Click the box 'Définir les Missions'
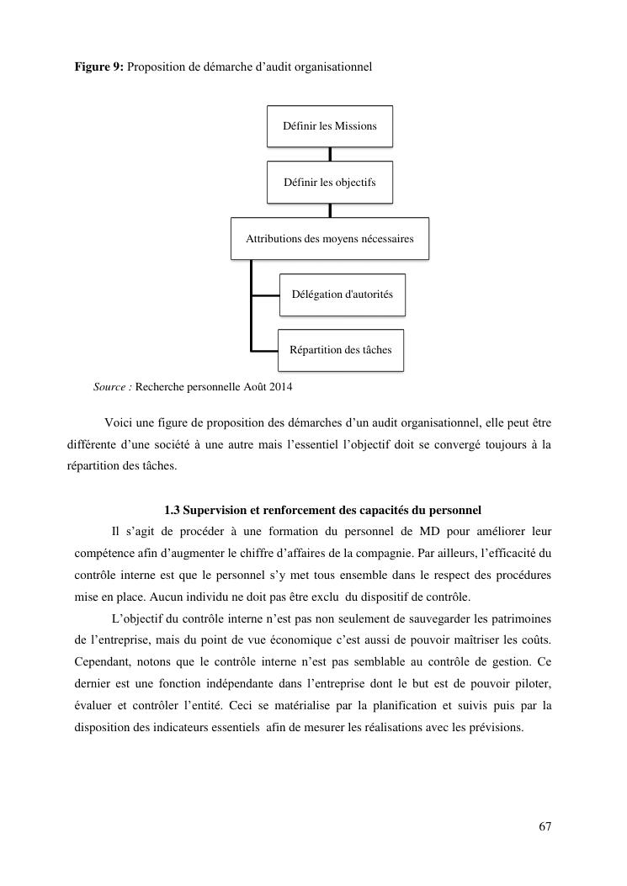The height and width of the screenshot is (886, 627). pos(330,126)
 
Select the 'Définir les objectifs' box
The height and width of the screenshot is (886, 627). pos(330,183)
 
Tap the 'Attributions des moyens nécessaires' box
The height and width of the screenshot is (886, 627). pos(330,239)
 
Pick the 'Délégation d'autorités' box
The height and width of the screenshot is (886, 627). pos(342,294)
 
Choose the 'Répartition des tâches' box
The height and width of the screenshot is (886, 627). pos(341,350)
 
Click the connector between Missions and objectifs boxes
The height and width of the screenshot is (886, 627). pos(330,154)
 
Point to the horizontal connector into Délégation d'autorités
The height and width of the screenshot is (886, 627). pos(265,295)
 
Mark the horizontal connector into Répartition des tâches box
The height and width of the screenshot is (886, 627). pos(264,350)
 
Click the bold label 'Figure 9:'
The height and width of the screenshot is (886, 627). pos(99,66)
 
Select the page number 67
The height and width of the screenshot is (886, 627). pos(545,826)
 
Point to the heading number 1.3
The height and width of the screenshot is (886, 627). pos(173,510)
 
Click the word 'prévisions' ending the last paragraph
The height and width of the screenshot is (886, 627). pos(496,728)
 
